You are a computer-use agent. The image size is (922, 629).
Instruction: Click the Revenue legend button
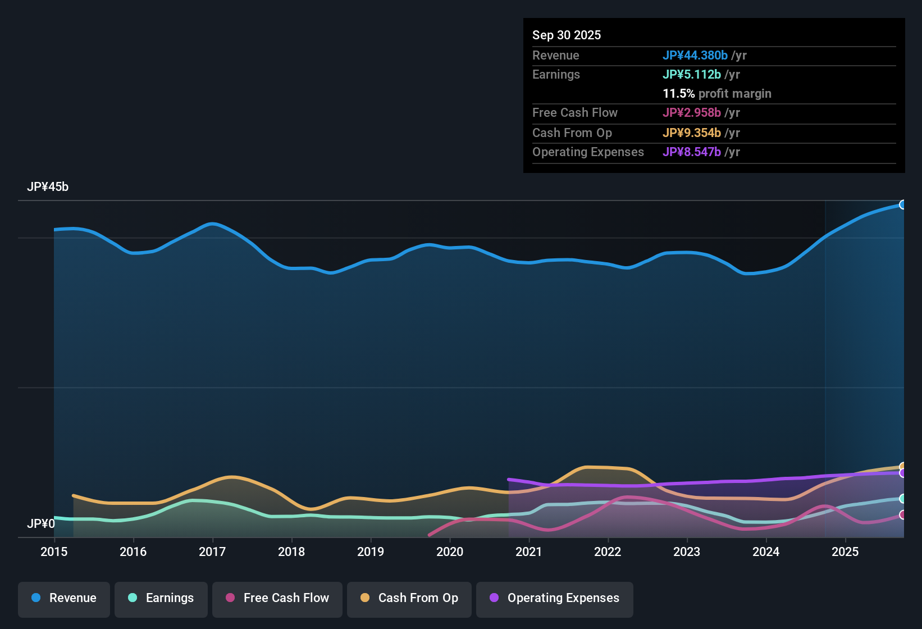click(x=64, y=598)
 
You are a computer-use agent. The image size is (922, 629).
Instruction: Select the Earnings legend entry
click(x=161, y=598)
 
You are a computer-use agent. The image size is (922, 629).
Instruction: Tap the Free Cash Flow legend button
click(x=277, y=598)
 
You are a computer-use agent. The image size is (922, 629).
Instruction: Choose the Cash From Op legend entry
click(x=409, y=598)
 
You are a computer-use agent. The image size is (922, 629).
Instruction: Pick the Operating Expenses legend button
click(x=555, y=598)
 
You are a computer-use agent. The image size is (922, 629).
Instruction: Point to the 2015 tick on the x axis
click(x=54, y=551)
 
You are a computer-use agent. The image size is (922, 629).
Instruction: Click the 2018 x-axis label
click(x=291, y=551)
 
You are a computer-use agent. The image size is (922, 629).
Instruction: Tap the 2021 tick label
click(x=528, y=551)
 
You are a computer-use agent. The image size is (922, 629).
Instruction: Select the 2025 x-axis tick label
click(x=845, y=551)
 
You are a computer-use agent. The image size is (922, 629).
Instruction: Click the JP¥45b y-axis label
click(x=48, y=187)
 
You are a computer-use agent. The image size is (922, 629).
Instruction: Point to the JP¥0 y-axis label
click(x=41, y=524)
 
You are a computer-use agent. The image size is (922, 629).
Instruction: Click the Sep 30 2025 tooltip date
click(x=567, y=35)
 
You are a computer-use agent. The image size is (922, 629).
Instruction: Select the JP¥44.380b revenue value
click(x=695, y=55)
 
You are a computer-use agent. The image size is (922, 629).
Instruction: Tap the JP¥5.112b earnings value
click(x=692, y=74)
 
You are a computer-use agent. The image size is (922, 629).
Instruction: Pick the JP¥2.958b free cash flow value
click(x=692, y=112)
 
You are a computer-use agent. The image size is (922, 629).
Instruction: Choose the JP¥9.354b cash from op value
click(x=692, y=133)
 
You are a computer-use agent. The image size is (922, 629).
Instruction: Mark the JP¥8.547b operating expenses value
click(x=692, y=152)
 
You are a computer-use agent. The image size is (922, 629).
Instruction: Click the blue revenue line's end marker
click(x=902, y=204)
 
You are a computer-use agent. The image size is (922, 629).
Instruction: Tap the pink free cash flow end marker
click(x=902, y=514)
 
